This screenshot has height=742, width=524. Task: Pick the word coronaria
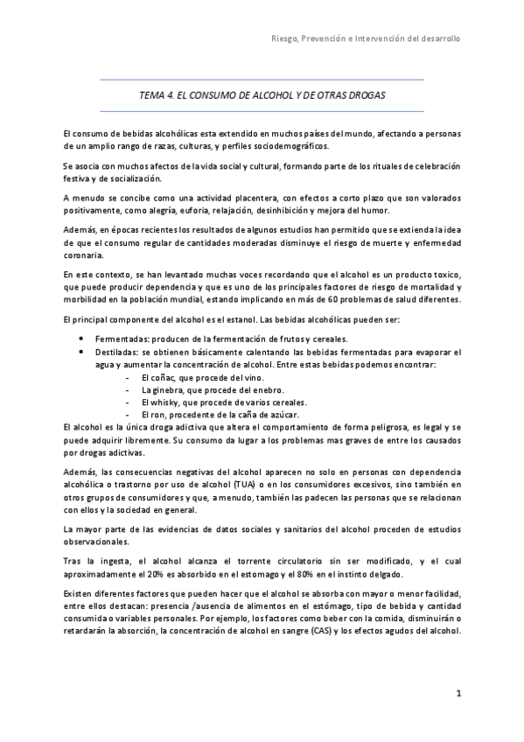(84, 255)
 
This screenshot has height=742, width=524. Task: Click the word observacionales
(96, 542)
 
